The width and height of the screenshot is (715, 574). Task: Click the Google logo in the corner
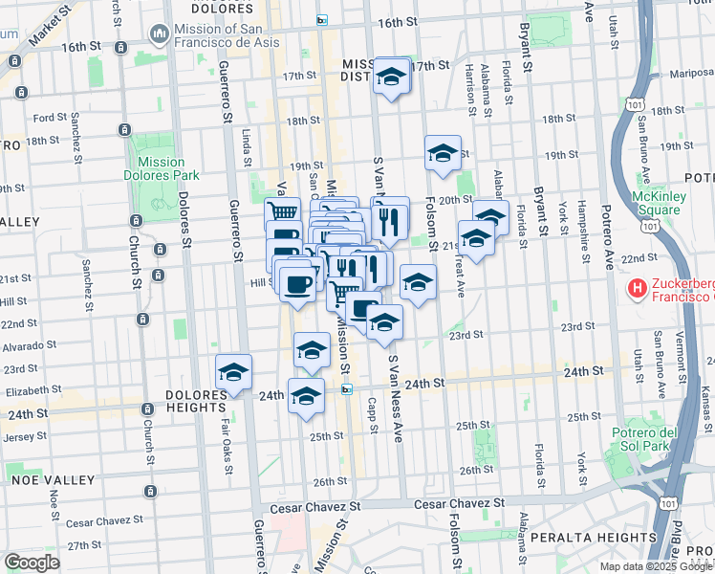click(x=31, y=563)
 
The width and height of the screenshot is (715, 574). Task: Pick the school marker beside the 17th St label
click(x=390, y=77)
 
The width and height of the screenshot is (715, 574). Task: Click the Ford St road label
click(x=50, y=119)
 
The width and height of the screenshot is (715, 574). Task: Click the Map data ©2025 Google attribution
click(x=655, y=566)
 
